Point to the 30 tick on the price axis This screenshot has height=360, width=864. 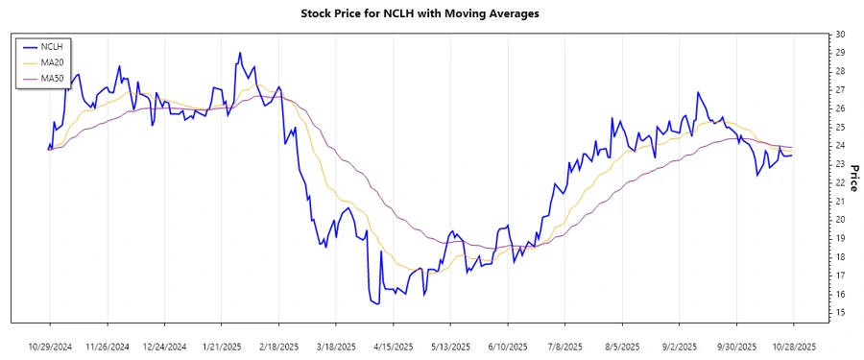[839, 35]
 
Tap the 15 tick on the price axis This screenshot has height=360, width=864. [839, 313]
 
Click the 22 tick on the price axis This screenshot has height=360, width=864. [839, 182]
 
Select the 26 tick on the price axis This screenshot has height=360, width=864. [839, 108]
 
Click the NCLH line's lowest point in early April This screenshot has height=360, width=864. [376, 304]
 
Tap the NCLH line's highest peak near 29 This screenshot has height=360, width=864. [239, 53]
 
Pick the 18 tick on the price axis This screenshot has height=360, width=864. [839, 257]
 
